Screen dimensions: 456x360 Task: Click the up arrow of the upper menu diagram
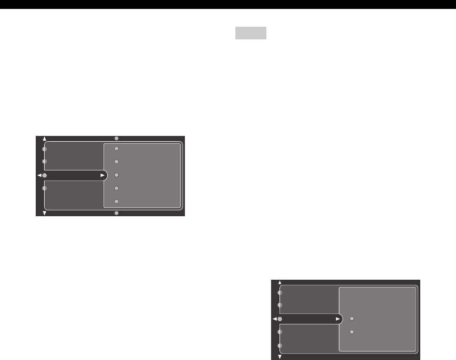click(45, 140)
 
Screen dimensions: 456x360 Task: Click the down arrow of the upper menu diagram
click(45, 213)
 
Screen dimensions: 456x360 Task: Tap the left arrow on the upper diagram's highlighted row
click(39, 175)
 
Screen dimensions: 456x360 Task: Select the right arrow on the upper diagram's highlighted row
click(102, 175)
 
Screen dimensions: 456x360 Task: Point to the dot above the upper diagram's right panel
click(117, 139)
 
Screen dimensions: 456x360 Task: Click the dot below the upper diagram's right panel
click(117, 213)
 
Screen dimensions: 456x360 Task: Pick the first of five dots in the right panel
click(117, 149)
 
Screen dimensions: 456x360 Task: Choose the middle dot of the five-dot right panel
click(117, 175)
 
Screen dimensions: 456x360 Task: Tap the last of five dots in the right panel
click(117, 202)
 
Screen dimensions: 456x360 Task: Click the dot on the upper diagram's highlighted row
click(45, 175)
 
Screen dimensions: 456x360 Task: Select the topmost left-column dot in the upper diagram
click(45, 149)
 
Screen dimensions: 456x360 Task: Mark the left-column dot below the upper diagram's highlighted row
click(45, 188)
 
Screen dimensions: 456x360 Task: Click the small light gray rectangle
click(251, 34)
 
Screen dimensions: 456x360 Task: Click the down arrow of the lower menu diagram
click(280, 356)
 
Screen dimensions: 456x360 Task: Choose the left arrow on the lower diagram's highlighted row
click(274, 319)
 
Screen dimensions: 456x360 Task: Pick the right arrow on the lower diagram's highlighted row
click(338, 319)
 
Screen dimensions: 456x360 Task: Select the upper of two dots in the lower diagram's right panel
click(352, 319)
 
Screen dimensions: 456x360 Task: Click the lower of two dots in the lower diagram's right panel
click(352, 332)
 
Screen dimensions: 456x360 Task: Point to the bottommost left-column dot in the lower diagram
click(280, 346)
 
